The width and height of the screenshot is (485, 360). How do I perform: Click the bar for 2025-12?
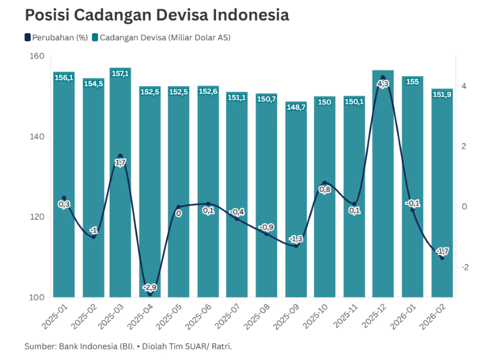coord(383,189)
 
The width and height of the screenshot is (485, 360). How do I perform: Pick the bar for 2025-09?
coord(296,201)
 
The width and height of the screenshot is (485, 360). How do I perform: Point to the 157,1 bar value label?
coord(120,74)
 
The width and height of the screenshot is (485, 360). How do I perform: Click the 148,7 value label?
coord(296,107)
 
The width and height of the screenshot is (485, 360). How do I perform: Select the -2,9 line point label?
coord(150,287)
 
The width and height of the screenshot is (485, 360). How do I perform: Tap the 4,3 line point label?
coord(383,84)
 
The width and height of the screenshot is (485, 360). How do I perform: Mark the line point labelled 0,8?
coord(325,183)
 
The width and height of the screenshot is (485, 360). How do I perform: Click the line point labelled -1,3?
coord(296,246)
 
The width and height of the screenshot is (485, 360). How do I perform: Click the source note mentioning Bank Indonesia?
coord(128,346)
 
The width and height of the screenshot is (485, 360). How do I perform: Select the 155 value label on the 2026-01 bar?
coord(412,81)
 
